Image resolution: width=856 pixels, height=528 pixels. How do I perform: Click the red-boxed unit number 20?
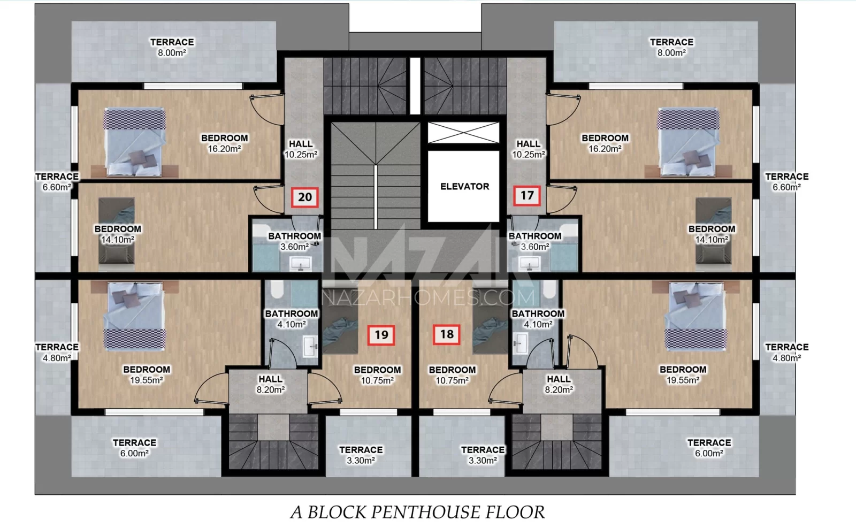(304, 197)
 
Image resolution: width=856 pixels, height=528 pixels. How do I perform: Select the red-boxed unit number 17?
(526, 196)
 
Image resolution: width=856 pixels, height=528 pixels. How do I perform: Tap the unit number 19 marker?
(381, 335)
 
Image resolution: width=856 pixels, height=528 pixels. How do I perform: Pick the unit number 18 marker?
(446, 334)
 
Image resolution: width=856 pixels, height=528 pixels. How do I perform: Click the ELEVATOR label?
(465, 187)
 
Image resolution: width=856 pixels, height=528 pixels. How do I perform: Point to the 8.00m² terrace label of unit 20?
(172, 48)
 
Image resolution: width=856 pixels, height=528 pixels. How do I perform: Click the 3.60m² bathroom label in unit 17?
(535, 241)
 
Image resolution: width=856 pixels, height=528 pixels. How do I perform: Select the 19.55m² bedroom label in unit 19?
(147, 375)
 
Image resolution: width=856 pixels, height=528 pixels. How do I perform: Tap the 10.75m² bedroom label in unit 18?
(453, 375)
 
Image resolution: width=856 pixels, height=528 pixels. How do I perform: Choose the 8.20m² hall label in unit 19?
(271, 384)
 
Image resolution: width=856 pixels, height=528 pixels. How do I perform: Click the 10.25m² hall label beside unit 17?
(529, 149)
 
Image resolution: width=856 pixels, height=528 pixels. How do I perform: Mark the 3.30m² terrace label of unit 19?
(361, 455)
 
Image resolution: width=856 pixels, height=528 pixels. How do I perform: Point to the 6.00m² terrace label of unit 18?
(709, 448)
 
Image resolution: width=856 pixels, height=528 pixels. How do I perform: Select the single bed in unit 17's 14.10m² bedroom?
(714, 231)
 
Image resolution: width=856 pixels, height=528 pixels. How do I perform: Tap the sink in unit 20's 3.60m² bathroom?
(301, 263)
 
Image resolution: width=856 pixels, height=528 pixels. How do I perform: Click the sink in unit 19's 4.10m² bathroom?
(310, 346)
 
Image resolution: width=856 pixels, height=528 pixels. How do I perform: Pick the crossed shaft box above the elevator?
(463, 133)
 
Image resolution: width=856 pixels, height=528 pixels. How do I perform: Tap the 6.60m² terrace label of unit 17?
(787, 182)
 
